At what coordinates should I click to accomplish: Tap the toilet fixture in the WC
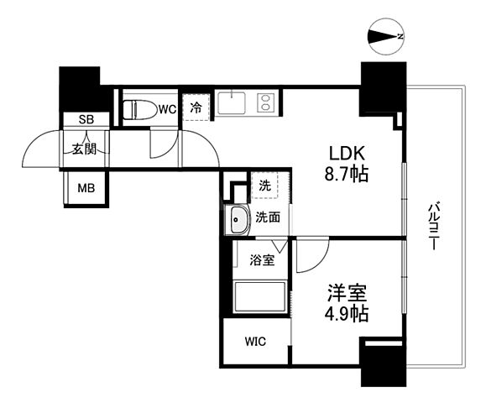pos(138,109)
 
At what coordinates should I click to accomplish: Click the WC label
pos(167,108)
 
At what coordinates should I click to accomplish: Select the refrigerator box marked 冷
pos(196,107)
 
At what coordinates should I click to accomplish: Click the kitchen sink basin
pos(230,103)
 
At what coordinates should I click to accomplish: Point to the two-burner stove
pos(265,103)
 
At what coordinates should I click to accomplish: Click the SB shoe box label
pos(86,120)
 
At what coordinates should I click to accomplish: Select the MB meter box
pos(86,187)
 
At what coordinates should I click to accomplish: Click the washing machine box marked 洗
pos(264,186)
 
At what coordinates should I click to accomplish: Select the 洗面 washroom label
pos(268,216)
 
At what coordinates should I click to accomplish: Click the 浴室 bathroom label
pos(262,260)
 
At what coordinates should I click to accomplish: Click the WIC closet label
pos(255,342)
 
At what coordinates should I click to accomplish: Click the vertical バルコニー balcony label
pos(433,225)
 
